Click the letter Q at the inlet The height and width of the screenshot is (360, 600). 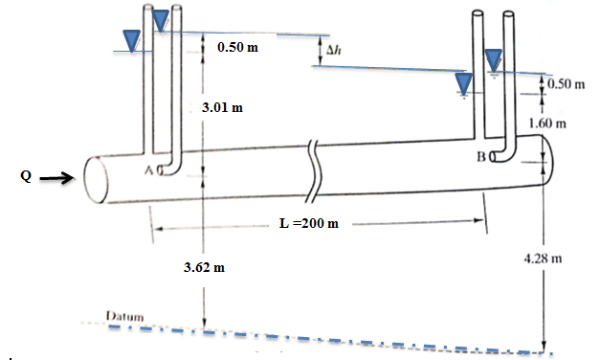26,176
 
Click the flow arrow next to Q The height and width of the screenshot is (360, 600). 56,178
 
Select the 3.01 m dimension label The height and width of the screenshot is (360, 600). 222,107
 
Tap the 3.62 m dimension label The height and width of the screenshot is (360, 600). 204,267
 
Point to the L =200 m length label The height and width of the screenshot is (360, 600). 309,223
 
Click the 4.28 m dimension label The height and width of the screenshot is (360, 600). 543,259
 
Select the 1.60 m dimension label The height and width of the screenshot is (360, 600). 547,124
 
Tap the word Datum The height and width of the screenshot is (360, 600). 125,316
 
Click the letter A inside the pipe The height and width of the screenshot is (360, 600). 149,170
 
